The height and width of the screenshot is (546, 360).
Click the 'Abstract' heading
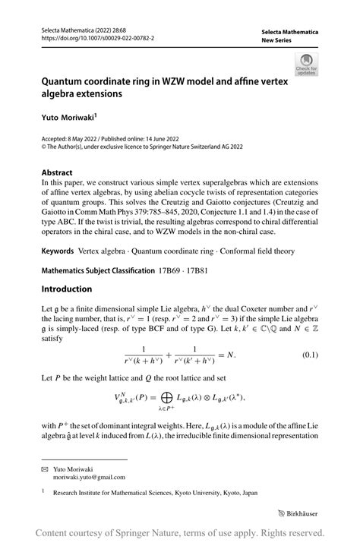58,172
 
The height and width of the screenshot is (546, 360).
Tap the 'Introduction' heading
67,289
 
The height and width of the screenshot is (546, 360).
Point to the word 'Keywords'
62,251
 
